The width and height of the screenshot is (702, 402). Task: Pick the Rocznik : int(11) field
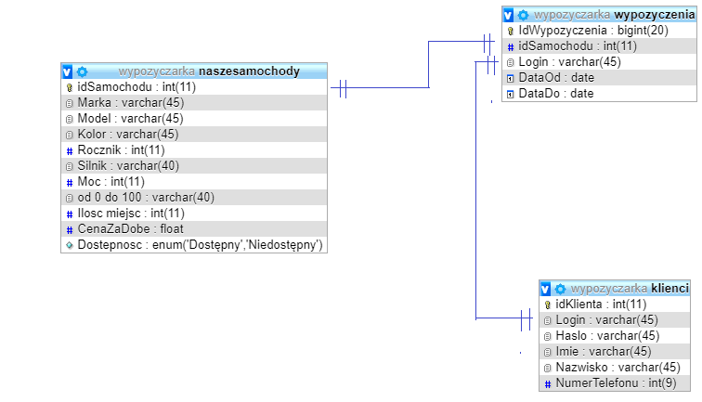[x=122, y=150]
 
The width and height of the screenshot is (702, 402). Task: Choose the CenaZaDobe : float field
[x=131, y=228]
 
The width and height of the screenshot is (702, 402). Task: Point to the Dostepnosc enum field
[x=201, y=245]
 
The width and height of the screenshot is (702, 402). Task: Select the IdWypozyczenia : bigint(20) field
[x=593, y=31]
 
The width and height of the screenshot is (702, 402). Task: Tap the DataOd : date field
[x=556, y=78]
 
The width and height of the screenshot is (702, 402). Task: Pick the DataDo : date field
[x=556, y=94]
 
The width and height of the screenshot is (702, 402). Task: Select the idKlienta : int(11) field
[x=602, y=305]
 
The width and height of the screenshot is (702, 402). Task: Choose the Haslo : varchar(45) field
[x=607, y=336]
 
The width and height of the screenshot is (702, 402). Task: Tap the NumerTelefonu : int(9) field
[x=616, y=383]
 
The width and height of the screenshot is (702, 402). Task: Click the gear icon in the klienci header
[x=560, y=289]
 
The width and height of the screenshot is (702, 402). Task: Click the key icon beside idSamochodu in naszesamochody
[x=70, y=88]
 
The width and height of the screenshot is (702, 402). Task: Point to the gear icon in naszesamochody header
[x=82, y=71]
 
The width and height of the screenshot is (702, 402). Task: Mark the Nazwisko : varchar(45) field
[x=617, y=368]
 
